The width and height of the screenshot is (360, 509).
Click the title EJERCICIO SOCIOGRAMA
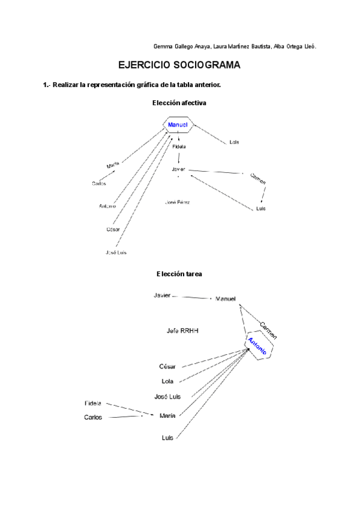click(179, 65)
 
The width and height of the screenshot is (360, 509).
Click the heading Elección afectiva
click(179, 103)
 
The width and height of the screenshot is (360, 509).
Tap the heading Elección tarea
click(179, 274)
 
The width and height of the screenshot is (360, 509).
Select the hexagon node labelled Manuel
click(178, 125)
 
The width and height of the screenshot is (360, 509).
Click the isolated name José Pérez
click(178, 202)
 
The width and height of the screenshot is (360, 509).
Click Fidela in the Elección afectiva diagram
click(179, 146)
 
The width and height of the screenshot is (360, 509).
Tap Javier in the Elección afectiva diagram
click(178, 169)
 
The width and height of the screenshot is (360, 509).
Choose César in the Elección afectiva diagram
click(113, 229)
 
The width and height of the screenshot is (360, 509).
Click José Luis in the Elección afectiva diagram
click(116, 253)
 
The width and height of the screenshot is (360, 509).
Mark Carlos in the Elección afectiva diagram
click(99, 184)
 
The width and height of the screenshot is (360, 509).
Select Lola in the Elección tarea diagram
click(168, 381)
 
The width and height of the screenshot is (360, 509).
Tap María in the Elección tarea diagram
click(167, 415)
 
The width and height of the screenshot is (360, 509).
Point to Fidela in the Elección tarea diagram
click(93, 403)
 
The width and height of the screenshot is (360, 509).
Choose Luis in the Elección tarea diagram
click(167, 438)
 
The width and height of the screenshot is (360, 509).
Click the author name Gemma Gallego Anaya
click(182, 47)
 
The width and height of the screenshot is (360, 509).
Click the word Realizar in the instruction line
click(66, 85)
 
